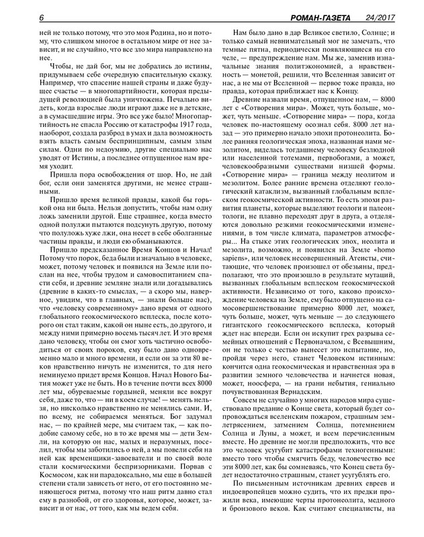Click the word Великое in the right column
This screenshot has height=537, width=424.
pos(304,32)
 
